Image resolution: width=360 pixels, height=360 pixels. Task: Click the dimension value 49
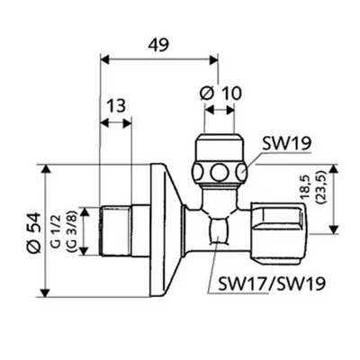tap(158, 45)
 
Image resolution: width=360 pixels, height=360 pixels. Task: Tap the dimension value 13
tap(116, 105)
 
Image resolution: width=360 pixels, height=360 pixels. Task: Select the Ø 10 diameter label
tap(220, 93)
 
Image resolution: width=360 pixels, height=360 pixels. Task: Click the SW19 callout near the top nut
tap(286, 144)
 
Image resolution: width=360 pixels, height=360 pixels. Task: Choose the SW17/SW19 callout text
tap(272, 283)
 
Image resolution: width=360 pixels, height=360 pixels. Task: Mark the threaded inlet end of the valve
tap(115, 230)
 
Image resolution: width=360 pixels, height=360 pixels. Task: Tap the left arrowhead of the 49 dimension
tap(103, 59)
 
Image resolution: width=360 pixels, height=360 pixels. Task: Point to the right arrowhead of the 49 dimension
tap(214, 59)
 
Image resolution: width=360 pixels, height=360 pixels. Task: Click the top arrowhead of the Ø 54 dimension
tap(45, 168)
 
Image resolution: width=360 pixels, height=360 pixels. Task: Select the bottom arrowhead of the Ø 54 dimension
tap(45, 292)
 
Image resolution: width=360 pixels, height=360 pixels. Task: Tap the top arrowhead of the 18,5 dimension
tap(333, 168)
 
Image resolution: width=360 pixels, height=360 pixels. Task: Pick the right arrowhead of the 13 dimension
tap(127, 123)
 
